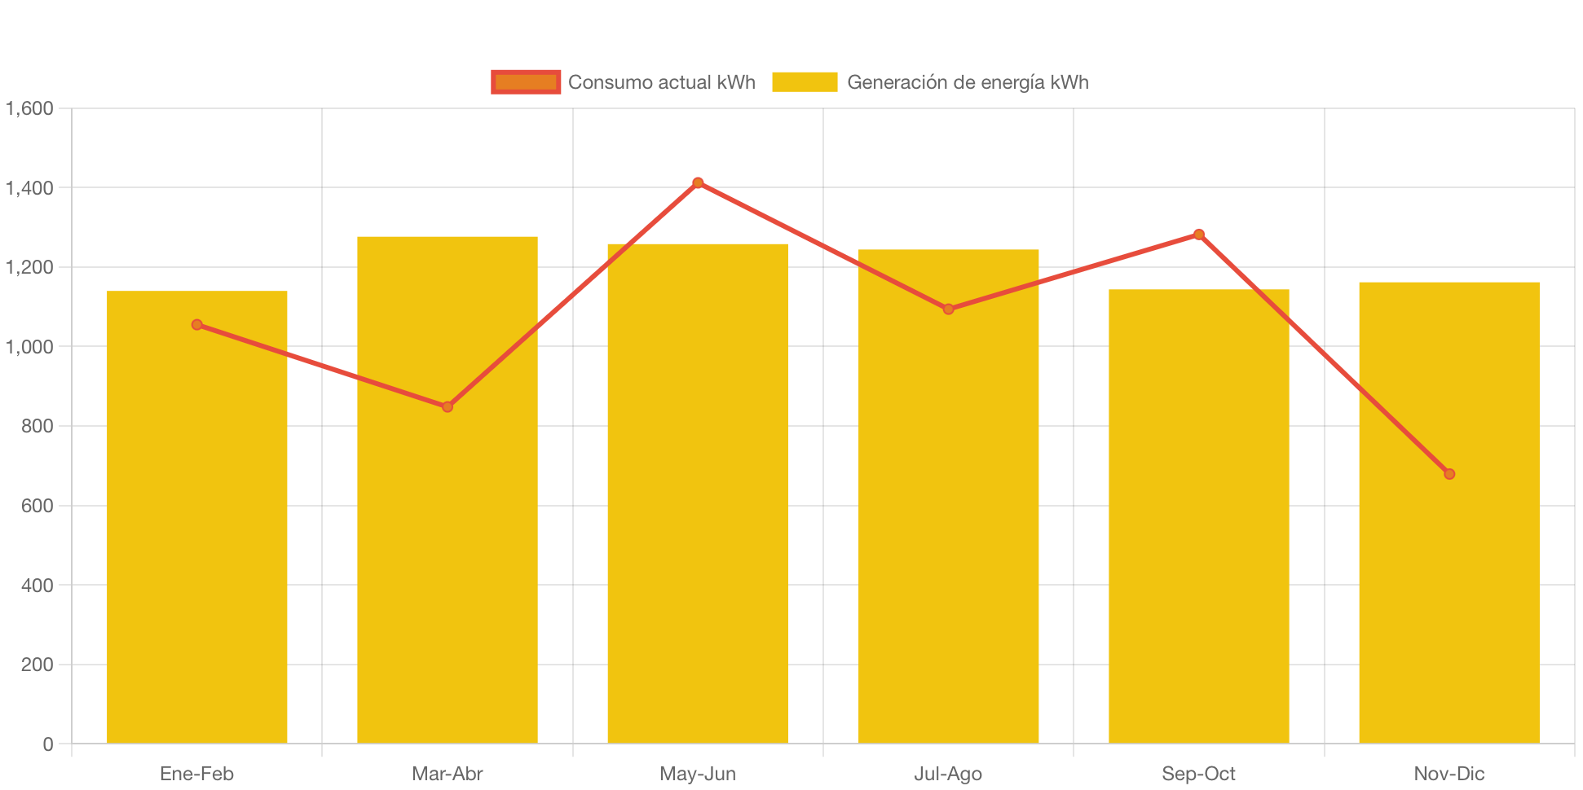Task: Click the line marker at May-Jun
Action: point(698,182)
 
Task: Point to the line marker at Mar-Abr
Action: point(448,406)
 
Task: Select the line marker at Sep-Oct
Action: point(1199,235)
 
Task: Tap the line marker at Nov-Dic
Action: point(1449,474)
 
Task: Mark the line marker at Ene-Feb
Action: point(197,325)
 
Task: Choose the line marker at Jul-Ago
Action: point(948,309)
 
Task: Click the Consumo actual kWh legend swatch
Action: point(526,82)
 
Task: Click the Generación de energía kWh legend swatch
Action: point(805,82)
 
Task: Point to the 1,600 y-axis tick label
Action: point(30,108)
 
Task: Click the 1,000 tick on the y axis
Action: point(30,347)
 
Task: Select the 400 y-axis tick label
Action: point(37,586)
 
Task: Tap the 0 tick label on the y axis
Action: point(48,744)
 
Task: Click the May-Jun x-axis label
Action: point(698,774)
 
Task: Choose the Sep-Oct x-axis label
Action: point(1199,774)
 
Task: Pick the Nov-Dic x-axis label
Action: point(1449,774)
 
